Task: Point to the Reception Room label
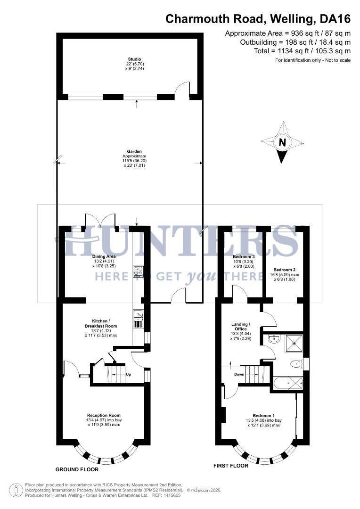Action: [104, 415]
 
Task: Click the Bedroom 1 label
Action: [263, 415]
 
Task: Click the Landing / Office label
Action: [241, 327]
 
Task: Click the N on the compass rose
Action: [282, 142]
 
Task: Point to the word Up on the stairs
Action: [129, 375]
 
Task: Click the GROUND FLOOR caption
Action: [77, 469]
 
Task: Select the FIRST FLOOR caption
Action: [231, 465]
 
